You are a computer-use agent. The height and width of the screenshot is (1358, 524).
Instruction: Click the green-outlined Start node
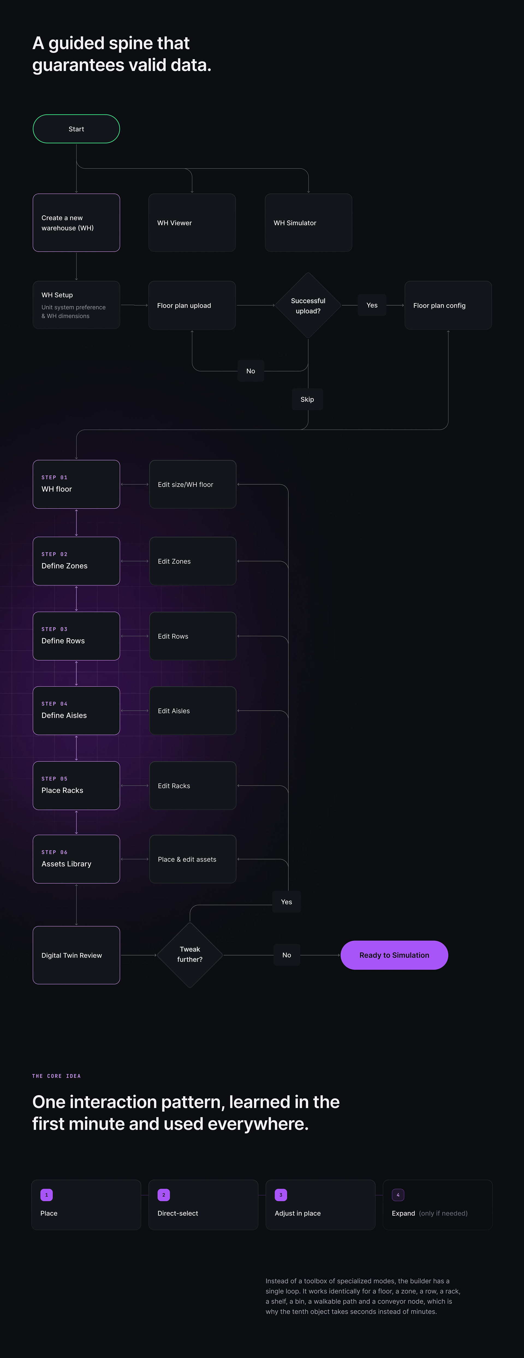pyautogui.click(x=76, y=129)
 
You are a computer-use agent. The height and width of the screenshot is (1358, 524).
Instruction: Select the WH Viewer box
pyautogui.click(x=192, y=222)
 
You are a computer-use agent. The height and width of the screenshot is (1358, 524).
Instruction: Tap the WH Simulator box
pyautogui.click(x=308, y=222)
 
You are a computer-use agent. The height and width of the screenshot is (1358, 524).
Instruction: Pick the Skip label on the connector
pyautogui.click(x=307, y=399)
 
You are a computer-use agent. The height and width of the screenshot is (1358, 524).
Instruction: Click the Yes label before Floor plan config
pyautogui.click(x=372, y=305)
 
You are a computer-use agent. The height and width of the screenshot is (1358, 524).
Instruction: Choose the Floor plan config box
pyautogui.click(x=448, y=305)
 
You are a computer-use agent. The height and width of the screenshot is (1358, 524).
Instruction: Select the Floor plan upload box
pyautogui.click(x=192, y=305)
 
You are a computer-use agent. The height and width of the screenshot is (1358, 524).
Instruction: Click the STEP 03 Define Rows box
pyautogui.click(x=76, y=636)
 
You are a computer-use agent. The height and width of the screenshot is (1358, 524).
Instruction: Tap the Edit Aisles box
pyautogui.click(x=193, y=711)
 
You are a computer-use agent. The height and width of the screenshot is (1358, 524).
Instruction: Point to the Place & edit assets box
pyautogui.click(x=193, y=859)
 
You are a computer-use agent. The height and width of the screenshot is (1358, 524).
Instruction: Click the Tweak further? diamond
pyautogui.click(x=190, y=955)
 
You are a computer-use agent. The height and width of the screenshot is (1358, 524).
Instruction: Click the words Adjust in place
pyautogui.click(x=298, y=1213)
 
